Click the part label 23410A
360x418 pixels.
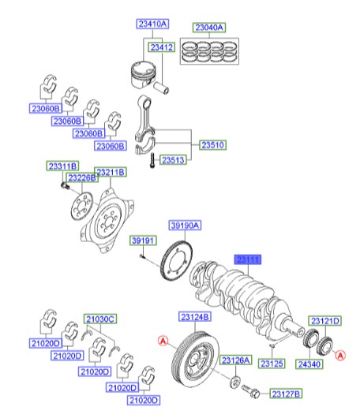[x=152, y=25]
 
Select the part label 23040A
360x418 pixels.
[x=210, y=27]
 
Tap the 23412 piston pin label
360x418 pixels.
[x=162, y=47]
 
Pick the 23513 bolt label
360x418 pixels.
[x=174, y=159]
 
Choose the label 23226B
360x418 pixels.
[x=81, y=178]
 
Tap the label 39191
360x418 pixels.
[x=141, y=240]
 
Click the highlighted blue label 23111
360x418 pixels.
[x=249, y=258]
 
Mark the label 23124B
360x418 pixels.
[x=193, y=317]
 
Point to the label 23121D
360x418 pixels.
[x=324, y=321]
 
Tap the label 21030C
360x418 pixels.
[x=100, y=319]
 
